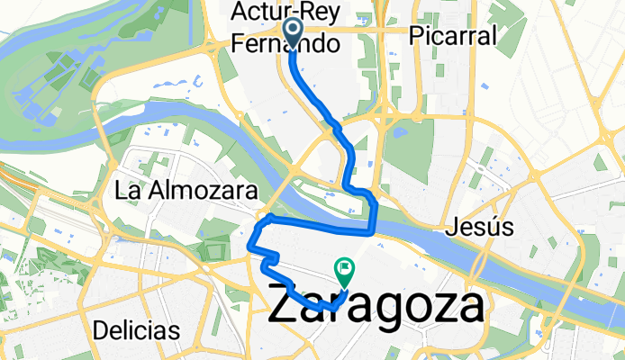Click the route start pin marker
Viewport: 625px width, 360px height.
click(x=294, y=31)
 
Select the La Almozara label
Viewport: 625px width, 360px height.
click(x=187, y=191)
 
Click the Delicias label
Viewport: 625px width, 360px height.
click(x=135, y=329)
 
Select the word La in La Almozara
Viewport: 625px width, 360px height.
click(x=126, y=191)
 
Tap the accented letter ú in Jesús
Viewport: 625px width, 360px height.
click(x=491, y=227)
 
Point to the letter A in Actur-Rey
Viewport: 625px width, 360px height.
click(x=238, y=13)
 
